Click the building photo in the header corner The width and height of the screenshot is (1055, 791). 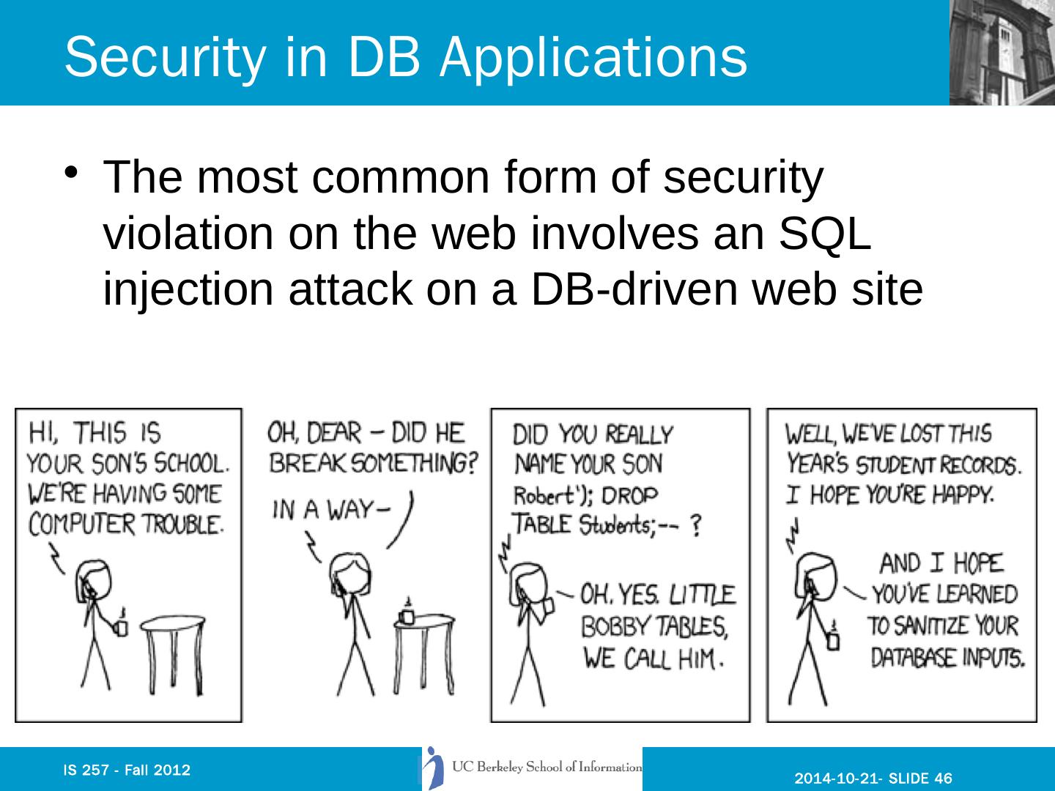[x=1001, y=53]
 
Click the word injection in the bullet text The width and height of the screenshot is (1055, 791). [x=188, y=290]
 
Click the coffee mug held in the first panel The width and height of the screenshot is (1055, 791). [x=122, y=627]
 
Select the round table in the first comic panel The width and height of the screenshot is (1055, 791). [x=171, y=625]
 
